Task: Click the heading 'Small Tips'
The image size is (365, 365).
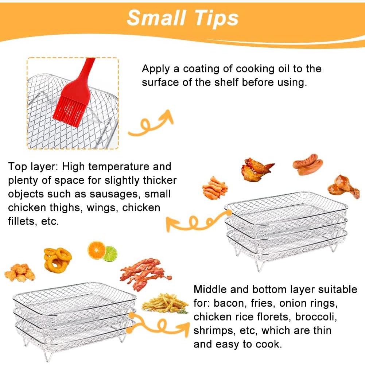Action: click(182, 18)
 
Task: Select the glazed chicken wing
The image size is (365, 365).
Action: click(257, 168)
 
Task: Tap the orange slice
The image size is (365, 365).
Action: click(97, 251)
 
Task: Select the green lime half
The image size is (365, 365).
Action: click(110, 254)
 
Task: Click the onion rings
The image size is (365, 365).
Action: click(58, 259)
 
